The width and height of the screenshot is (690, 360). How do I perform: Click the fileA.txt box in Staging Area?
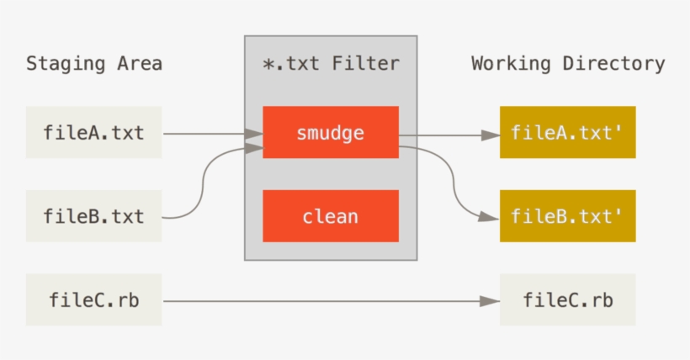93,132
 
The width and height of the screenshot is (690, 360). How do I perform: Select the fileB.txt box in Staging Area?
93,216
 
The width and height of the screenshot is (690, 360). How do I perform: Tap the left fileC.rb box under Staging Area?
93,299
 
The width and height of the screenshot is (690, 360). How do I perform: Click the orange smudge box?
330,132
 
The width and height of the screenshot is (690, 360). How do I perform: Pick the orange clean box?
330,216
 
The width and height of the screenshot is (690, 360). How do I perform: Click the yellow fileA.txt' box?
567,132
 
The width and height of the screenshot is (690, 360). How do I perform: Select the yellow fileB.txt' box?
567,216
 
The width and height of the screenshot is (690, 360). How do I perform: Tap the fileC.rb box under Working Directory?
567,299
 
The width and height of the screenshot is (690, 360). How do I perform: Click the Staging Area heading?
93,63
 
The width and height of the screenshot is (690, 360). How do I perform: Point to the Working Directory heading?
568,63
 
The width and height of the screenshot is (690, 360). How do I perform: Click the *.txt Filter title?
330,63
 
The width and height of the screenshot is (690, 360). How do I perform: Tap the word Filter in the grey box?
365,63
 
